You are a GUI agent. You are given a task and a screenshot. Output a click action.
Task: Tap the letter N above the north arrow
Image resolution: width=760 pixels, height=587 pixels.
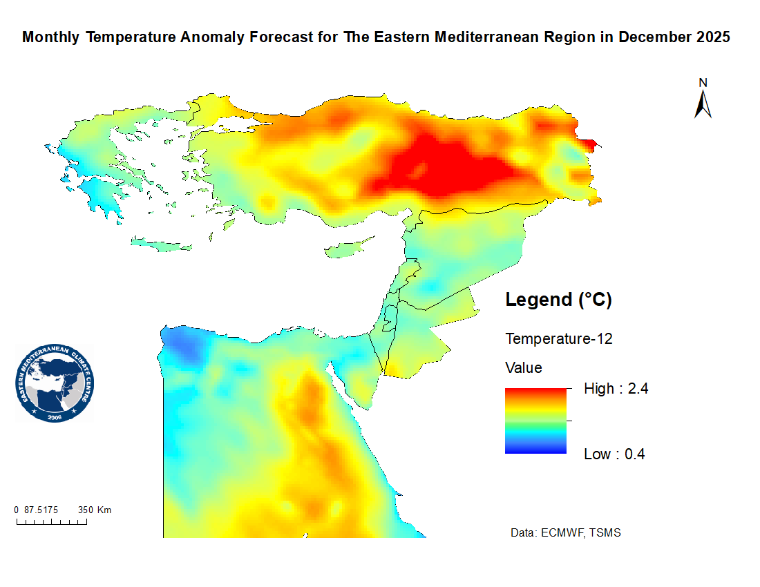click(x=703, y=83)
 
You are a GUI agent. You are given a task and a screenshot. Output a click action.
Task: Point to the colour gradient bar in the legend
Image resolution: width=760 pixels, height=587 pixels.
click(x=535, y=421)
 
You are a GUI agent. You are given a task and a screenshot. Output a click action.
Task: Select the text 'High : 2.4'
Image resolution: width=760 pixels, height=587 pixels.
click(x=616, y=389)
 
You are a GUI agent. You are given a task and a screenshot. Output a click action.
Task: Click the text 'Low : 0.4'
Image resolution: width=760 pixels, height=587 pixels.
click(x=614, y=454)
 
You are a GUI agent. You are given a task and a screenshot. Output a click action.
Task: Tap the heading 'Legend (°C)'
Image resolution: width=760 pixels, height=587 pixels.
click(x=559, y=300)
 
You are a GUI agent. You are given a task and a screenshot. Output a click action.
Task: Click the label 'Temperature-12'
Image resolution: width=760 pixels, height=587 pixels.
click(x=559, y=339)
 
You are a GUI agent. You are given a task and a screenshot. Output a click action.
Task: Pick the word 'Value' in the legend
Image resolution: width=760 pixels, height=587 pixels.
click(x=524, y=367)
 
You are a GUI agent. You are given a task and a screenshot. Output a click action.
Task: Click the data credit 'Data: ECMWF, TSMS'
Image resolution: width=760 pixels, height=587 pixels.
click(x=565, y=533)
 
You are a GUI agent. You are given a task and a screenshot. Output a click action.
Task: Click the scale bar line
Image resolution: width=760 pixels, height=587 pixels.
click(x=52, y=521)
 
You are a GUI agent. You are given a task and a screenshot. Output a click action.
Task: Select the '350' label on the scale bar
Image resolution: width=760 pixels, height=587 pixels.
click(x=86, y=510)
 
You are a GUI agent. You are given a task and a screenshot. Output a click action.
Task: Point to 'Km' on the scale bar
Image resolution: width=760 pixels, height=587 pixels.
click(x=104, y=510)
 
